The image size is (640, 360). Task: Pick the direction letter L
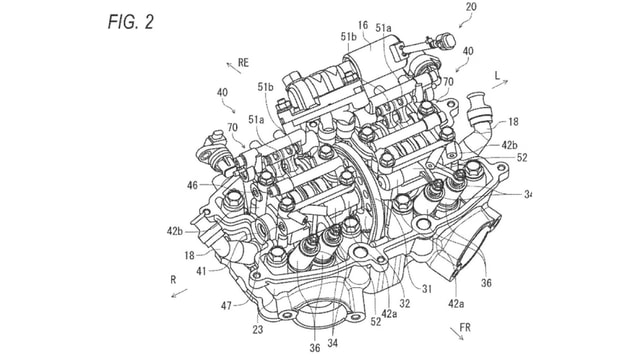[x=496, y=76]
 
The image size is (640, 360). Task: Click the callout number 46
[x=191, y=185]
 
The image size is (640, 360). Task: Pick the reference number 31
[x=426, y=290]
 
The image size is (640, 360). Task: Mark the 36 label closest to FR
[x=486, y=283]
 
